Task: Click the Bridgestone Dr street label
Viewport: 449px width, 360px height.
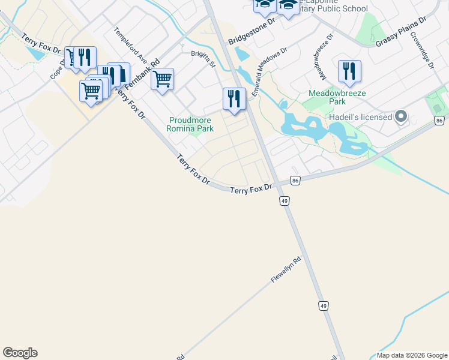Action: click(x=251, y=31)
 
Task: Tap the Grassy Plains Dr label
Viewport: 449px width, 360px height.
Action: click(x=400, y=32)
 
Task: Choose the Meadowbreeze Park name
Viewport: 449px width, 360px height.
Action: click(x=337, y=98)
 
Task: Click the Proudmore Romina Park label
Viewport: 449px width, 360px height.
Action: click(x=191, y=124)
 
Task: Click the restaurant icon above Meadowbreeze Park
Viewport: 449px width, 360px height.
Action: click(x=349, y=71)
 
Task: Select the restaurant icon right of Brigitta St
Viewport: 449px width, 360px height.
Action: click(x=234, y=98)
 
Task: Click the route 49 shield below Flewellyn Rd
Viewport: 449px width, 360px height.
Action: click(x=324, y=306)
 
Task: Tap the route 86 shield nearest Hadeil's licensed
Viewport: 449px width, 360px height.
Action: click(x=439, y=121)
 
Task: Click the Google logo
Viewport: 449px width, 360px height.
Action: click(x=20, y=353)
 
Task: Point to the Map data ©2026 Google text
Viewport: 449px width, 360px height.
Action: click(x=412, y=355)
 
